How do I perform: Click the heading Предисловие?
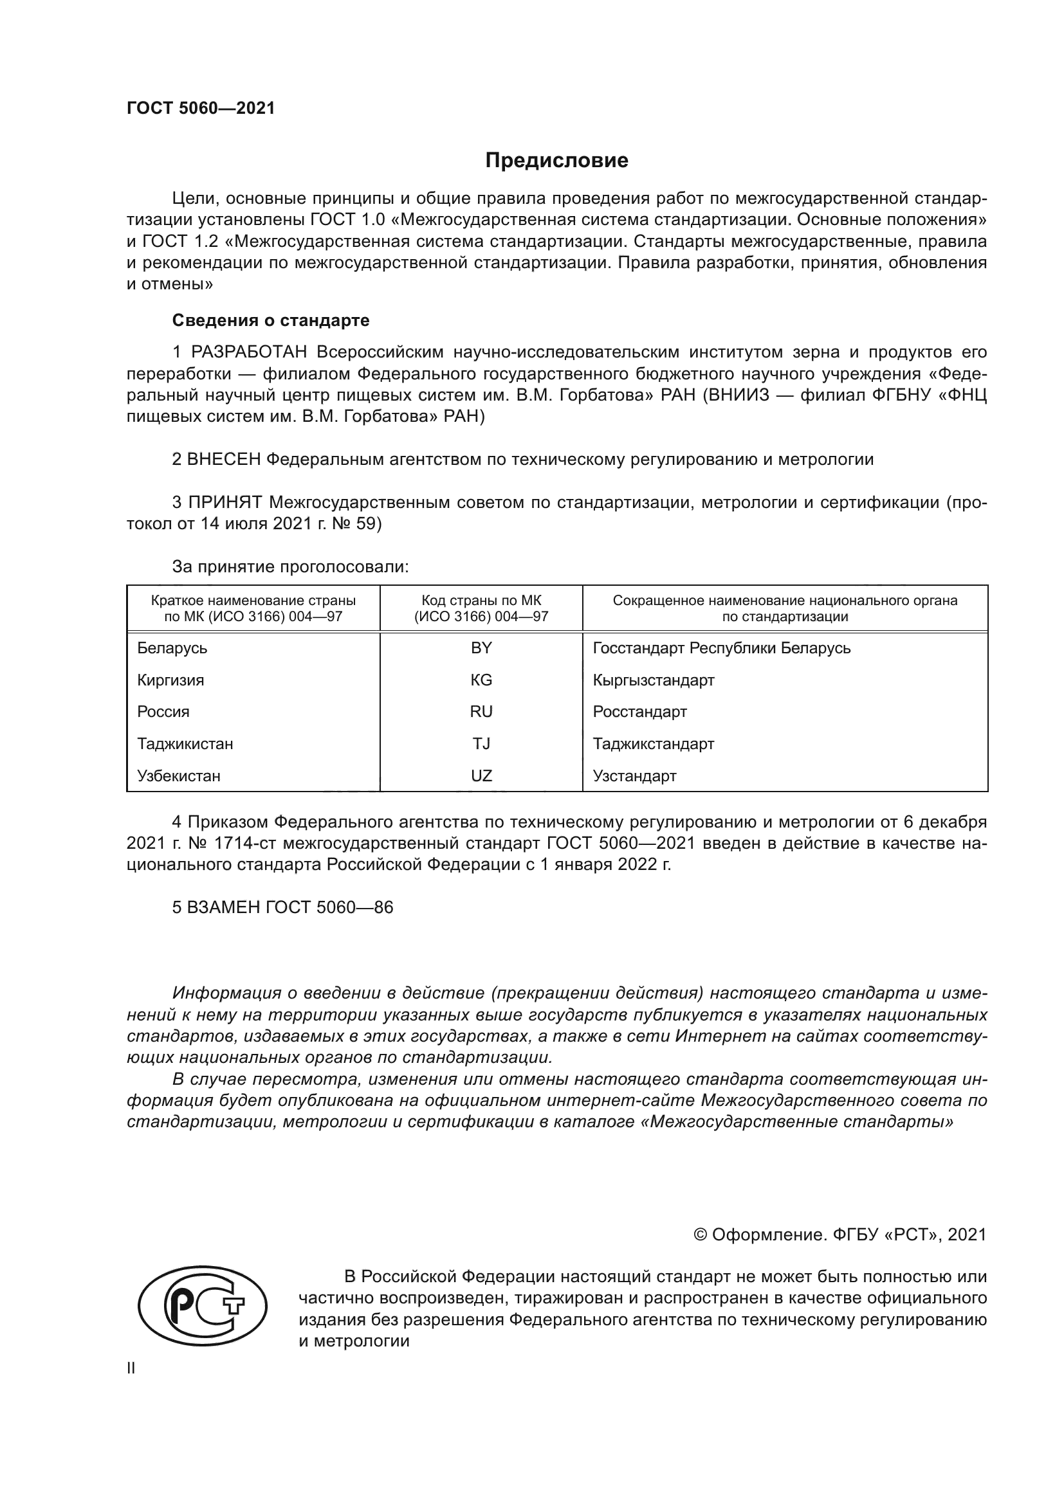click(x=556, y=161)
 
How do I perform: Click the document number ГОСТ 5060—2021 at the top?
click(x=201, y=109)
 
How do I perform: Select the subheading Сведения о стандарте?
click(x=271, y=320)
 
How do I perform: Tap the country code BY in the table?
click(x=481, y=648)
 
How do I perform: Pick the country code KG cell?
click(x=481, y=680)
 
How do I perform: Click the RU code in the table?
click(x=481, y=711)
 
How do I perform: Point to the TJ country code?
click(x=481, y=743)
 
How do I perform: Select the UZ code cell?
click(x=481, y=775)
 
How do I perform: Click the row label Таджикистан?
click(x=185, y=743)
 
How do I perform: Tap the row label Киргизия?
click(x=170, y=680)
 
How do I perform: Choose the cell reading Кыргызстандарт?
click(x=653, y=680)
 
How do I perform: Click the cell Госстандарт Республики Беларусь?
click(x=721, y=648)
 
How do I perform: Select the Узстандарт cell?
click(x=634, y=775)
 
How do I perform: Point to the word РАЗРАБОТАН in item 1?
click(x=249, y=352)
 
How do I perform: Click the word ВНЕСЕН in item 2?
click(x=224, y=459)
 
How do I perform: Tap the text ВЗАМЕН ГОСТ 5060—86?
click(x=282, y=907)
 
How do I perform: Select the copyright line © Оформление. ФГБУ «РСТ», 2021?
click(x=839, y=1235)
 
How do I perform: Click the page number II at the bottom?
click(x=131, y=1368)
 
